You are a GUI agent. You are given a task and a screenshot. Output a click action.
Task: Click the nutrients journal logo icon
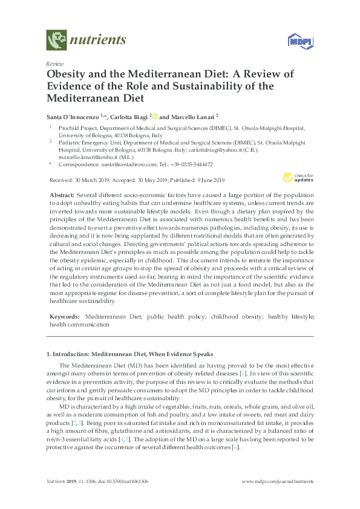pos(56,41)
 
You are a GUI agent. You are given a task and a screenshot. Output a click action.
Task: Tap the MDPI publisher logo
pos(295,42)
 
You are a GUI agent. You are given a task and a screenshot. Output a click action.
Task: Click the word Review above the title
pos(55,63)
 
